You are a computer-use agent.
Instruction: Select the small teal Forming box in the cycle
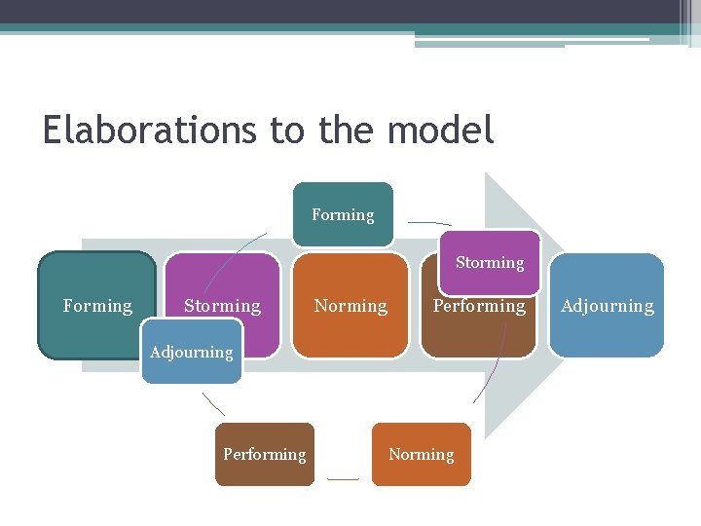(x=343, y=214)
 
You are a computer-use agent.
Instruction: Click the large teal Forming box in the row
(x=96, y=306)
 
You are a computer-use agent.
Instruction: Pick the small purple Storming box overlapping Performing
(x=489, y=262)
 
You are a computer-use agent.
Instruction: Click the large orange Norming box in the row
(x=350, y=306)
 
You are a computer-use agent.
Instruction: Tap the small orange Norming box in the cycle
(x=421, y=454)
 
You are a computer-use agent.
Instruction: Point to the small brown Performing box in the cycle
(x=264, y=454)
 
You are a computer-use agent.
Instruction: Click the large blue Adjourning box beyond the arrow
(x=607, y=306)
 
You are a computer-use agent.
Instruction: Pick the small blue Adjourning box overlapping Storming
(x=191, y=352)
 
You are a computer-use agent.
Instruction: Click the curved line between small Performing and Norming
(x=343, y=478)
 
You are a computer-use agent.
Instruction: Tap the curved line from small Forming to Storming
(x=428, y=223)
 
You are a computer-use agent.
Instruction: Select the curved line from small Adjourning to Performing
(x=212, y=404)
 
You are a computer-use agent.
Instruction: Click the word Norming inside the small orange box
(x=421, y=454)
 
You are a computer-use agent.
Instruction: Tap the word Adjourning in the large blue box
(x=607, y=306)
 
